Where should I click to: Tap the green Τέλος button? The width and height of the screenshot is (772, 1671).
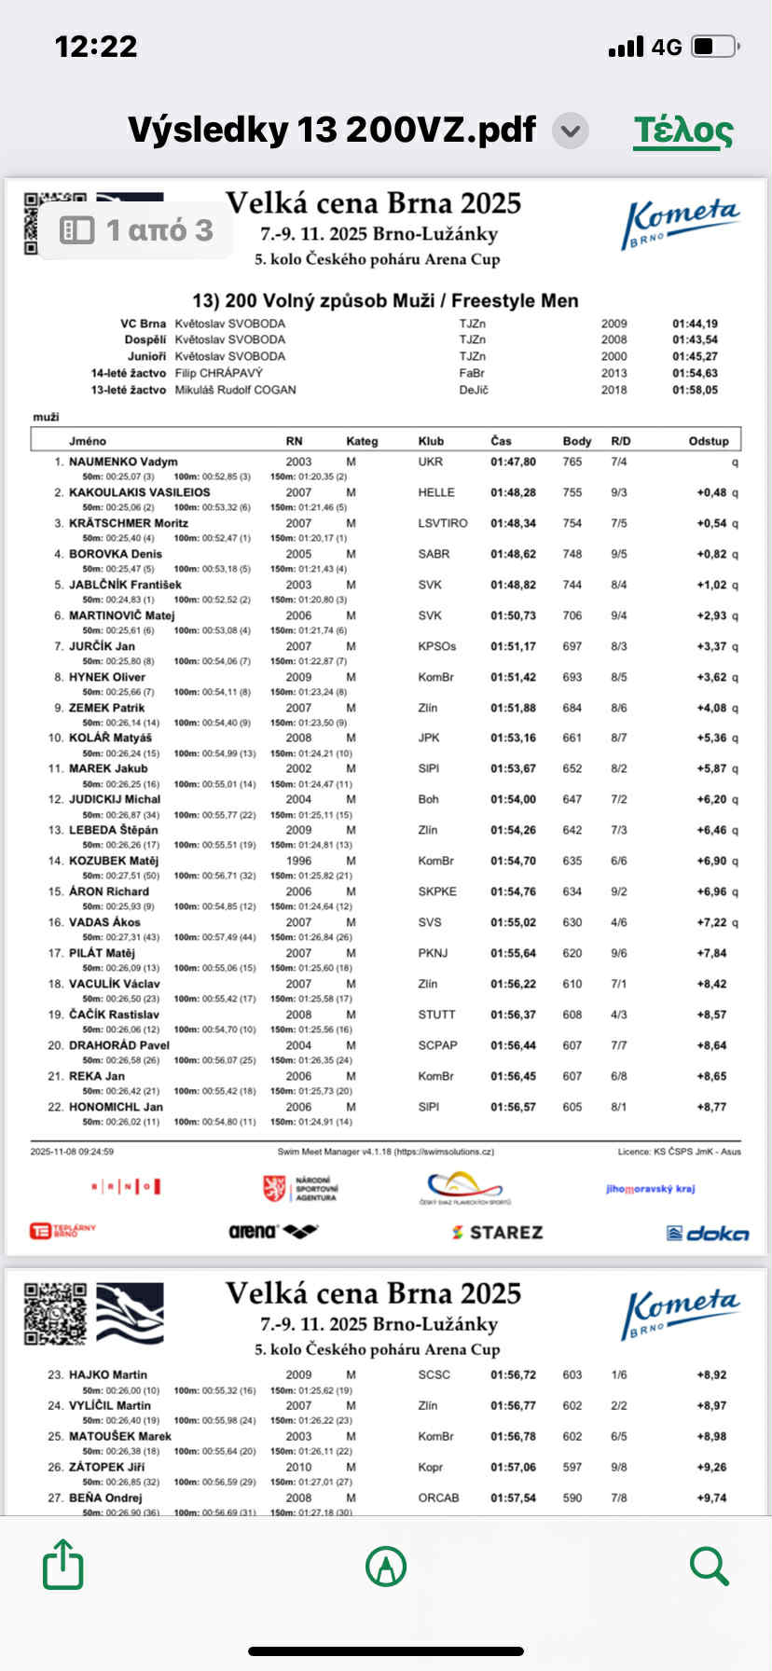point(683,130)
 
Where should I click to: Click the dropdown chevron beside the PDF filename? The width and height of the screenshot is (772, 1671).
point(571,131)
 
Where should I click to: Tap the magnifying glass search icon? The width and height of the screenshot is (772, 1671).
point(709,1566)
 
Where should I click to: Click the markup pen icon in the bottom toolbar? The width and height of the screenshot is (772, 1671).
point(386,1566)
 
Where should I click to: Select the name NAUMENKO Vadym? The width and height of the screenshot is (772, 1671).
point(123,462)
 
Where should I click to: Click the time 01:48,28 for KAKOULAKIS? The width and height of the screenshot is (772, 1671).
point(513,492)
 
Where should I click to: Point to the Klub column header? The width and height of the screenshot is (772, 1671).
point(431,441)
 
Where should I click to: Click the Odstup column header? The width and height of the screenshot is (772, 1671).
point(709,441)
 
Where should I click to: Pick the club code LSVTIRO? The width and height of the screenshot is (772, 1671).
point(443,523)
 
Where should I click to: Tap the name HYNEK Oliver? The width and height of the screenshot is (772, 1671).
point(107,677)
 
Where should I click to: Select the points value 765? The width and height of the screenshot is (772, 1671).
point(572,462)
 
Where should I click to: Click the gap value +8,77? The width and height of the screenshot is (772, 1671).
point(711,1107)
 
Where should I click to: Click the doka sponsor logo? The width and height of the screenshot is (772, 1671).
point(708,1234)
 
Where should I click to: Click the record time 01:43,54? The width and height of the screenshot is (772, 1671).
point(695,339)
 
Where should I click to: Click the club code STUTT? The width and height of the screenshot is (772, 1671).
point(436,1015)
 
